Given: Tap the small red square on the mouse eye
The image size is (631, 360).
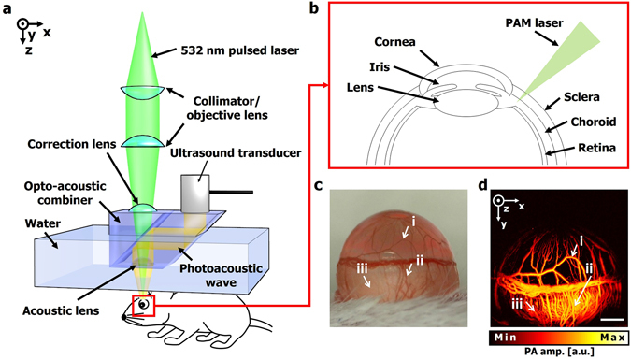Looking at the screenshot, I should (x=143, y=304).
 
